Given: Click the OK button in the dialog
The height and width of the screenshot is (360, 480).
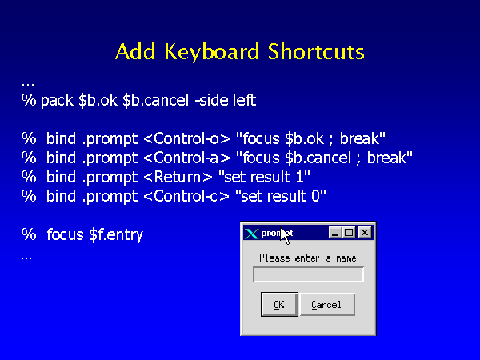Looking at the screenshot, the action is point(279,304).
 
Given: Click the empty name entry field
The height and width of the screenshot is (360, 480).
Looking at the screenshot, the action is point(308,274).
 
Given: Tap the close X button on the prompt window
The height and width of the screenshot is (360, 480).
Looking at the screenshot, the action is point(365,233).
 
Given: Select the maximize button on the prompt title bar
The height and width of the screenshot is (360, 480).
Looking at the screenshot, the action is point(349,233).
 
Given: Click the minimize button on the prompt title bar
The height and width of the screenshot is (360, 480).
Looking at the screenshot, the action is point(335,233).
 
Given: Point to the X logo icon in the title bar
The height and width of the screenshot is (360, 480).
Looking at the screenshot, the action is point(251,234).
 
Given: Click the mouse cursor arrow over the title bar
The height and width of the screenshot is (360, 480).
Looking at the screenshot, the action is point(285,236).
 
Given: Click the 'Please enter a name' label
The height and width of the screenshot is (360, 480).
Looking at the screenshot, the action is point(308,258).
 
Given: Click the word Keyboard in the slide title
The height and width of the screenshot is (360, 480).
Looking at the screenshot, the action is point(211,51).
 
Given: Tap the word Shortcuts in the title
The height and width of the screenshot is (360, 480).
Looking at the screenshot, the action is point(316,51).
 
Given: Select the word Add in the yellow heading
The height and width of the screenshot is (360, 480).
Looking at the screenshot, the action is point(136,51).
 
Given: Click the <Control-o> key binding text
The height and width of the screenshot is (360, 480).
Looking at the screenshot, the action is point(186,138).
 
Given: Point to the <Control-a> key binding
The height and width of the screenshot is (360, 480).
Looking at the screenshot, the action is point(186,158).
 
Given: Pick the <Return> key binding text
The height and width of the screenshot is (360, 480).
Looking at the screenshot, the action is point(178,178).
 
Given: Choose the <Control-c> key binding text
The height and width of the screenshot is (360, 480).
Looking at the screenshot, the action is point(186,196).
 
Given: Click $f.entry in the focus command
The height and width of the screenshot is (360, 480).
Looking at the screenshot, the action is point(116,235).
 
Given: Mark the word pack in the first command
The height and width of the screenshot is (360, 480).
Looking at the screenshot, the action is point(57,101).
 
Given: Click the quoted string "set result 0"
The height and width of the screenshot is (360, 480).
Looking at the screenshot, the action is point(281,196).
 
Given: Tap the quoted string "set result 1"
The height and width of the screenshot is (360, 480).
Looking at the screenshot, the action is point(264,178).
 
